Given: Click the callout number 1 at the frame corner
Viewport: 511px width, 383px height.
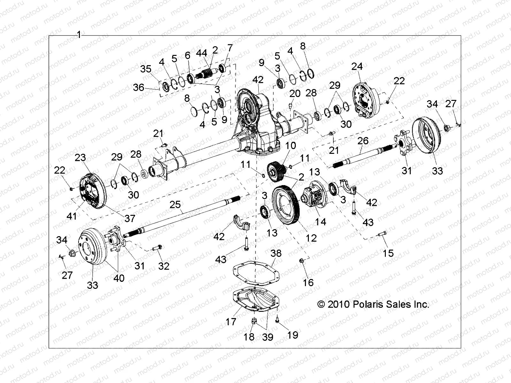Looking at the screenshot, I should tap(79, 35).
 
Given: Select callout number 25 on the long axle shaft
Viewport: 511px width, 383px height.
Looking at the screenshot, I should tap(175, 204).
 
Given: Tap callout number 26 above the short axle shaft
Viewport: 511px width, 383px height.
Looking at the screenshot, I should tap(363, 141).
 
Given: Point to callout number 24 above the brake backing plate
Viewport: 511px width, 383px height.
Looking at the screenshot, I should tap(357, 66).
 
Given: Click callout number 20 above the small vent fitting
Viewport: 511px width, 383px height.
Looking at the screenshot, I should tap(295, 93).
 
